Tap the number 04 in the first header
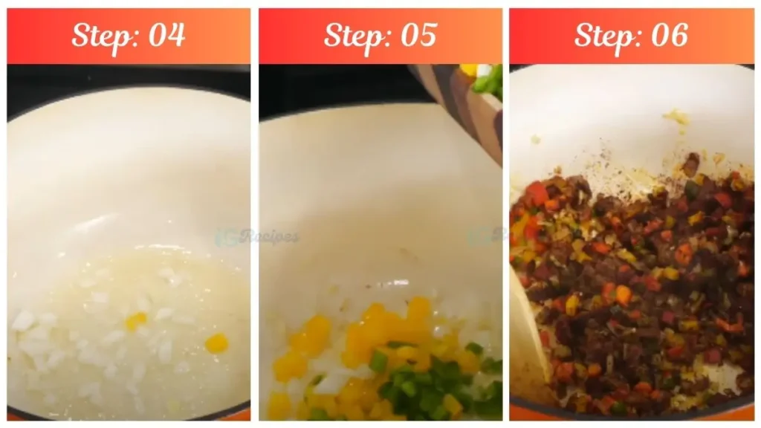coord(166,35)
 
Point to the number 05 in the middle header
coord(418,35)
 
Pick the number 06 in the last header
coord(669,35)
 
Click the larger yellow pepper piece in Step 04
coord(216,343)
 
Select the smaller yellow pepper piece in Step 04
coord(136,321)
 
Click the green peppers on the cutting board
coord(488,80)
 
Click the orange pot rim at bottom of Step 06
coord(632,417)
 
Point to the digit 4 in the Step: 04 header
coord(176,35)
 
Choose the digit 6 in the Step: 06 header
coord(679,35)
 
